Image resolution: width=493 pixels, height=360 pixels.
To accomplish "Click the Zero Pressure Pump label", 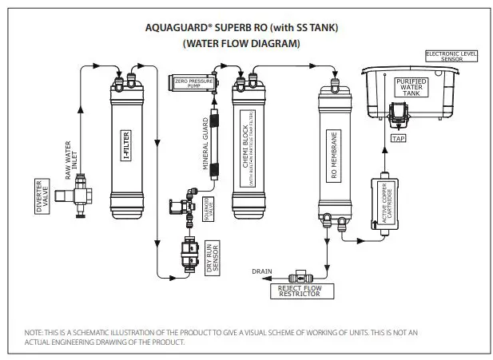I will click(x=192, y=82).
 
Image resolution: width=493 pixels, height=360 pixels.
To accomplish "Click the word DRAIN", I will click(x=262, y=271).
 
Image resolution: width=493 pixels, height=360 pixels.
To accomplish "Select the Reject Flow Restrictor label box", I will click(x=298, y=291).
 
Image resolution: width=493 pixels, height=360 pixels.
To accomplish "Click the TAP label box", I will click(x=399, y=138).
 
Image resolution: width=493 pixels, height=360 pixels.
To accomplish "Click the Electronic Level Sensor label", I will click(x=453, y=56).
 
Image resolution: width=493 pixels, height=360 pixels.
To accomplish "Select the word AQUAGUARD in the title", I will click(x=175, y=26).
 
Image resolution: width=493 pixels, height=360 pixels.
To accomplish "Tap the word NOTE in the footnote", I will click(x=35, y=333).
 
